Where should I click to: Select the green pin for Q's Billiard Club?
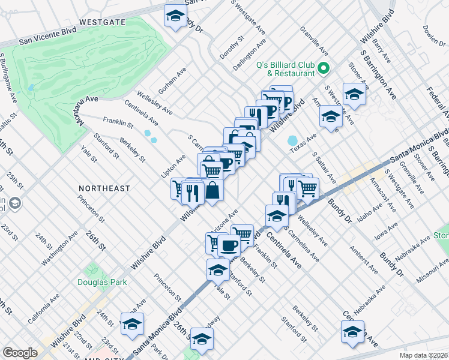coord(324,68)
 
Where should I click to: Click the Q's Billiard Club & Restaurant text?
coord(286,68)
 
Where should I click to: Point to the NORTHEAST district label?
coord(104,188)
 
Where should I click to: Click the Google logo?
coord(20,353)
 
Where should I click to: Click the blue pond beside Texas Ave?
coord(294,141)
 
